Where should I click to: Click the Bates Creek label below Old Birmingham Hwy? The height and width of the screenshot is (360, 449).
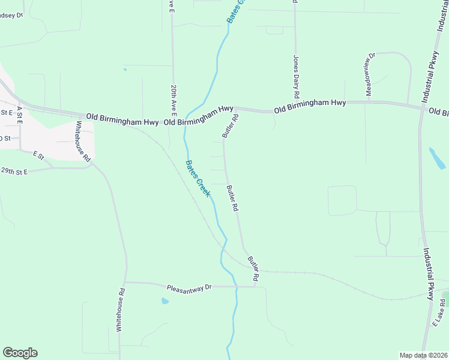(x=197, y=178)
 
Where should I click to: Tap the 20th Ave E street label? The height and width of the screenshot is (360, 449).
(x=173, y=99)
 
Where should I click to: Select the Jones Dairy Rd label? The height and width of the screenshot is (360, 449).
(x=296, y=77)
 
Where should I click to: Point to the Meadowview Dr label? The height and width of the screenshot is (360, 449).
(x=370, y=74)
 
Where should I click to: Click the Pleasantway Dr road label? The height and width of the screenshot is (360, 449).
(x=190, y=287)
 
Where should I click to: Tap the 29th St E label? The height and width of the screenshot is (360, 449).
(x=14, y=172)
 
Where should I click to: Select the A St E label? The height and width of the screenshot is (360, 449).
(x=19, y=115)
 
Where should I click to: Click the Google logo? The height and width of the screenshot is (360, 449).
(x=20, y=353)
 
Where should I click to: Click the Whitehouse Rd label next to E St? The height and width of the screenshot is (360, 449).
(x=82, y=142)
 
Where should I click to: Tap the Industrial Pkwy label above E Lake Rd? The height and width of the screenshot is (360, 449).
(x=430, y=274)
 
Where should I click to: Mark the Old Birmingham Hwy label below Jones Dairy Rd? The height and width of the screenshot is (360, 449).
(x=310, y=107)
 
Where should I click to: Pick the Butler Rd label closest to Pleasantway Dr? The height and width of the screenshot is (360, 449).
(x=253, y=269)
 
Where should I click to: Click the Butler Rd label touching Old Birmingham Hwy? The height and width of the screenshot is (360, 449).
(x=231, y=126)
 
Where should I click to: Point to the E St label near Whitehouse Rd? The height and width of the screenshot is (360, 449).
(x=39, y=155)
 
